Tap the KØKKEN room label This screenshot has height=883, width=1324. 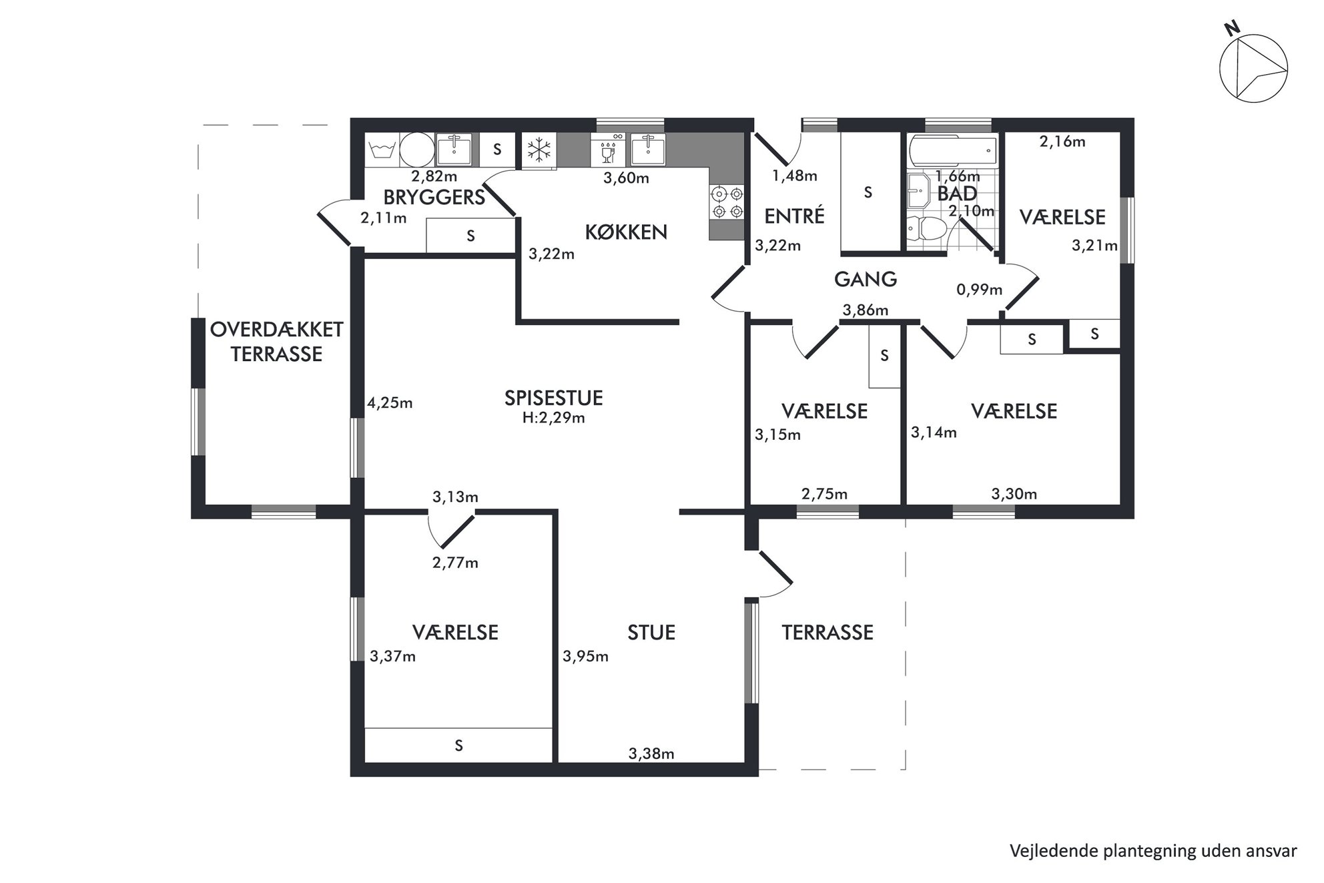click(626, 232)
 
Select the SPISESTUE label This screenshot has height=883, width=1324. click(554, 398)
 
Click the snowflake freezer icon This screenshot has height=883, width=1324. click(539, 150)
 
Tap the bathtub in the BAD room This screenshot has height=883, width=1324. click(952, 152)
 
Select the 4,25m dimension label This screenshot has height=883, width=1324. click(390, 403)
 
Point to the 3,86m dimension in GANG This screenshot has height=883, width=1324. click(866, 310)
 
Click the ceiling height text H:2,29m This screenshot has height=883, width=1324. click(554, 418)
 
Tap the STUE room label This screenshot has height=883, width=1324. click(651, 633)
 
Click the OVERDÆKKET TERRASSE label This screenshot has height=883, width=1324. click(277, 342)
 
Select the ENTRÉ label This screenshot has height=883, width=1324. click(794, 216)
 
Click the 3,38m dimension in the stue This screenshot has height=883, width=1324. click(651, 754)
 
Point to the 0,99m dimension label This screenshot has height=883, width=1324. click(980, 290)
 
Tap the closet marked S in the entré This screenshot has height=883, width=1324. click(868, 192)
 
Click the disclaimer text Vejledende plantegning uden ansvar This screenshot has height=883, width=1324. click(1153, 851)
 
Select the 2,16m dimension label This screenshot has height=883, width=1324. click(1062, 141)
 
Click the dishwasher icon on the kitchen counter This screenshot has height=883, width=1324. click(608, 150)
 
